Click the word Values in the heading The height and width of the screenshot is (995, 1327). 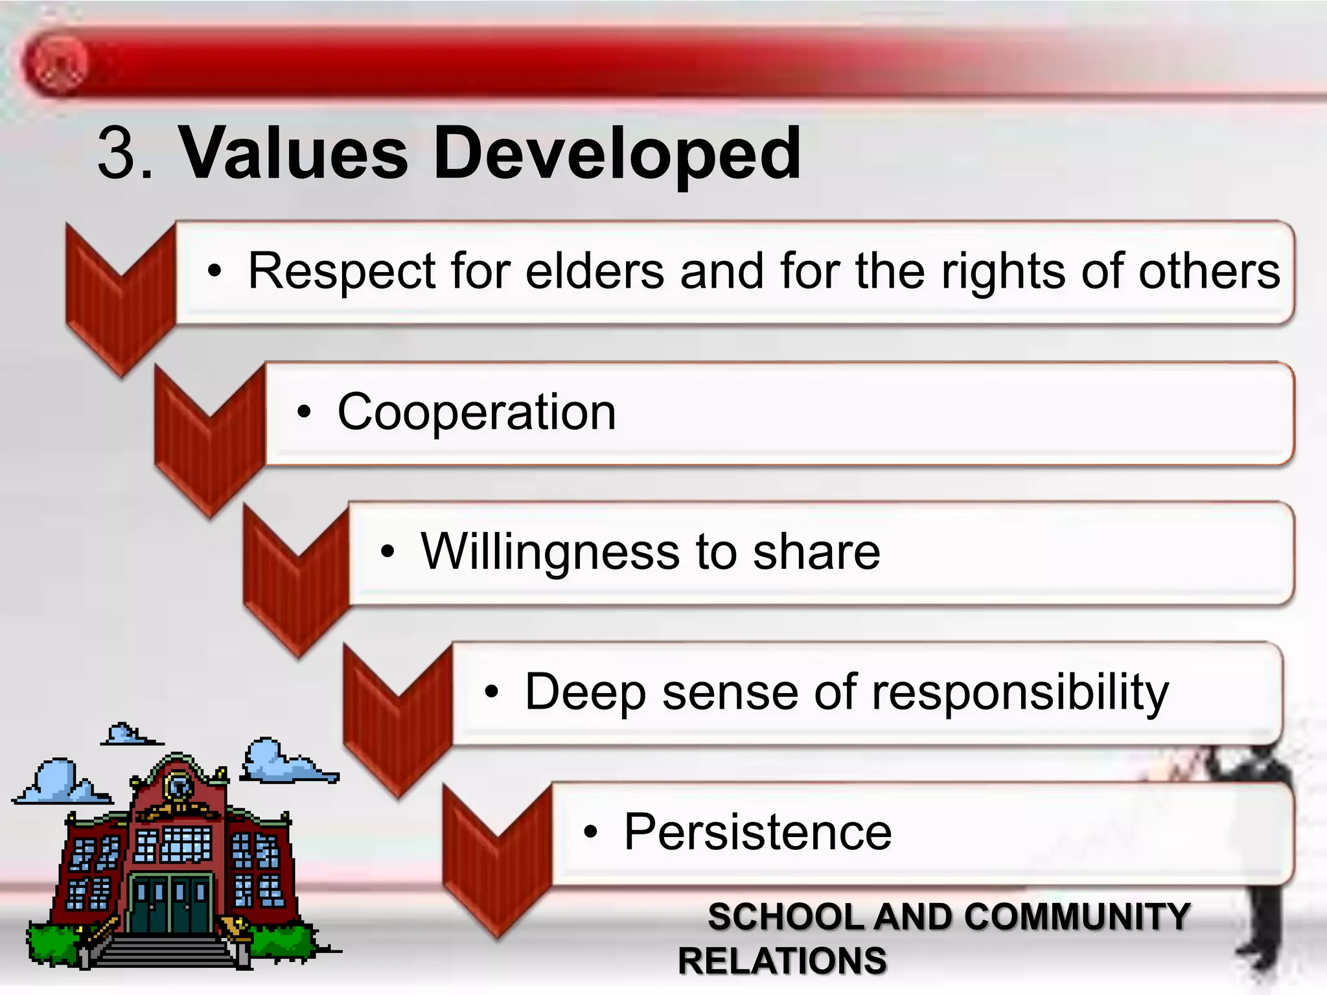pos(293,153)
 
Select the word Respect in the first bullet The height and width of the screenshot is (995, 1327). pos(341,271)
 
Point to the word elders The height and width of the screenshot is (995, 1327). pos(595,271)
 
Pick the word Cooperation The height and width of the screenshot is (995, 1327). pos(476,412)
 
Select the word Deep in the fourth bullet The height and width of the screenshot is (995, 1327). pos(585,692)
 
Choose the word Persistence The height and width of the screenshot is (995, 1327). pos(757,832)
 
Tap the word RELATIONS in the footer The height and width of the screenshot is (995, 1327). pos(782,961)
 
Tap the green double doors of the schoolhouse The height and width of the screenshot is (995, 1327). pos(171,903)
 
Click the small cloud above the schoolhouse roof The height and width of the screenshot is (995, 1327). pos(127,735)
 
